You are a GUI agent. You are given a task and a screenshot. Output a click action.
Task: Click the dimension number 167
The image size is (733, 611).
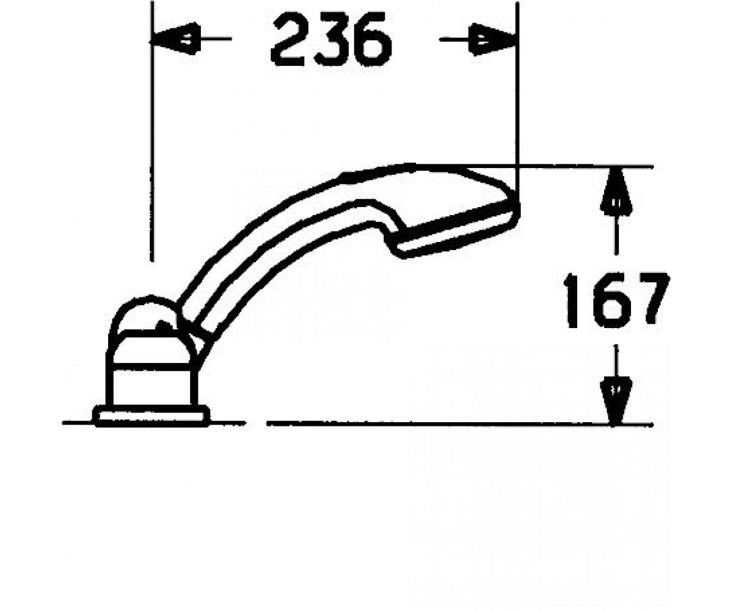(x=616, y=301)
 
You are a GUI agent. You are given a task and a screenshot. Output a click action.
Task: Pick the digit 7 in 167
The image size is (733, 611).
(x=651, y=301)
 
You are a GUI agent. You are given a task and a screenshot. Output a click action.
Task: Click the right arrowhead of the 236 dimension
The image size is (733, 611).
(x=493, y=39)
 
